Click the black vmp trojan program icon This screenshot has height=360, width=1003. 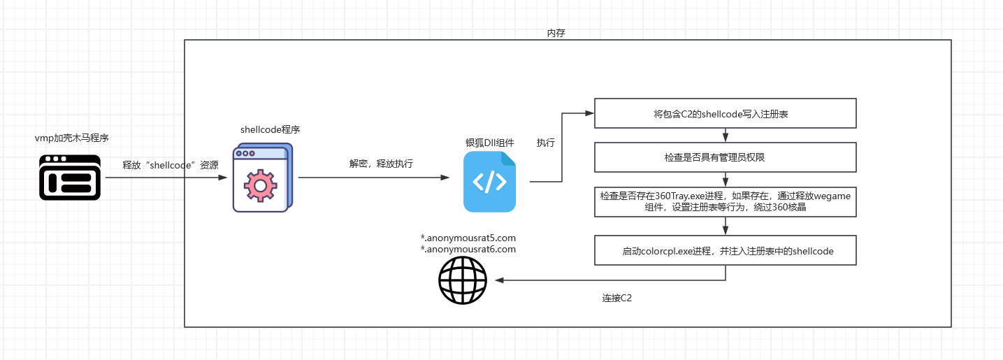(x=69, y=177)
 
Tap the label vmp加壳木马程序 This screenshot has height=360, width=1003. (x=71, y=138)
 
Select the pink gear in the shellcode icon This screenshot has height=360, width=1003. (x=260, y=185)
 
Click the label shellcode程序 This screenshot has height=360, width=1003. (x=270, y=129)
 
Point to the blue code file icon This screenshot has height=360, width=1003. (x=489, y=182)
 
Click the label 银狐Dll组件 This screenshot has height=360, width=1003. (x=489, y=143)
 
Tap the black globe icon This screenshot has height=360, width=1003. (x=462, y=281)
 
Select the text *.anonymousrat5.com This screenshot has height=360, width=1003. (x=468, y=238)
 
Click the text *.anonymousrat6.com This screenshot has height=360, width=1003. (x=468, y=249)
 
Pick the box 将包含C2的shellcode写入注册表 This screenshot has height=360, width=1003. (x=725, y=113)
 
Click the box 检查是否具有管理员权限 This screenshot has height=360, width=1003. (x=725, y=157)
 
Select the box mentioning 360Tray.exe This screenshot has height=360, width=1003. (x=725, y=201)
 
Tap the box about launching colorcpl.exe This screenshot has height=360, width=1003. (x=725, y=250)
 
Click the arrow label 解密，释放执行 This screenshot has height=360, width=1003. (x=381, y=164)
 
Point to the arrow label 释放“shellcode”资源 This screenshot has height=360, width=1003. (x=171, y=165)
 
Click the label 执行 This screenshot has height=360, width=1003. (x=546, y=143)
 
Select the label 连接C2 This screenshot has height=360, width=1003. (x=617, y=298)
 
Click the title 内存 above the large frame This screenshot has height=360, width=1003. (x=556, y=34)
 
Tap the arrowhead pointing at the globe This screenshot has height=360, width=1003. (x=499, y=280)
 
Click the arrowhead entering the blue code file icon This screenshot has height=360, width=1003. (x=445, y=178)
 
